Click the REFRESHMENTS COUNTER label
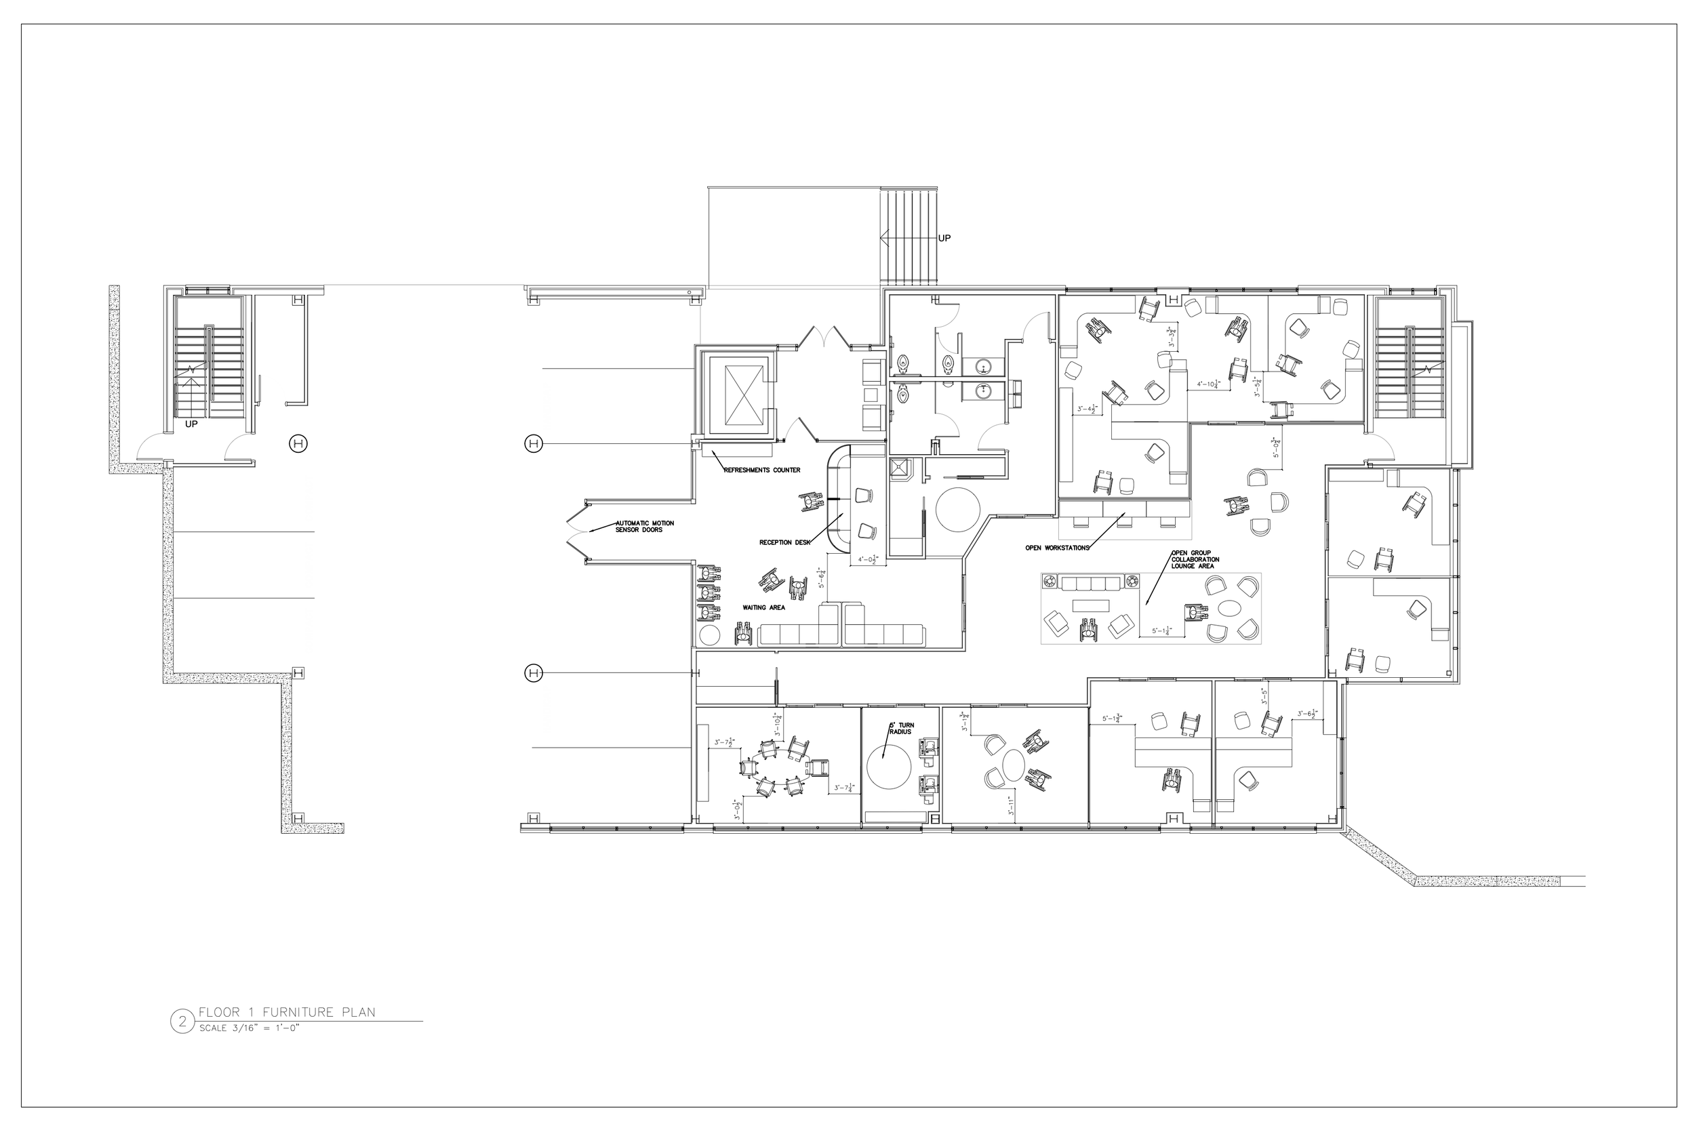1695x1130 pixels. pyautogui.click(x=762, y=470)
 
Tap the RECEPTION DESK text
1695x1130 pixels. pyautogui.click(x=785, y=542)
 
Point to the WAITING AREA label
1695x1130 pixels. pyautogui.click(x=764, y=607)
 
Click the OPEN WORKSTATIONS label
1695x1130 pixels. pyautogui.click(x=1056, y=548)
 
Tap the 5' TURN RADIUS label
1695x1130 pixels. pyautogui.click(x=900, y=728)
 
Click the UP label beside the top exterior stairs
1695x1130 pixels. pyautogui.click(x=944, y=238)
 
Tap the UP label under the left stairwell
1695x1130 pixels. pyautogui.click(x=191, y=424)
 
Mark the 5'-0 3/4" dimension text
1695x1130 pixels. pyautogui.click(x=1275, y=447)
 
